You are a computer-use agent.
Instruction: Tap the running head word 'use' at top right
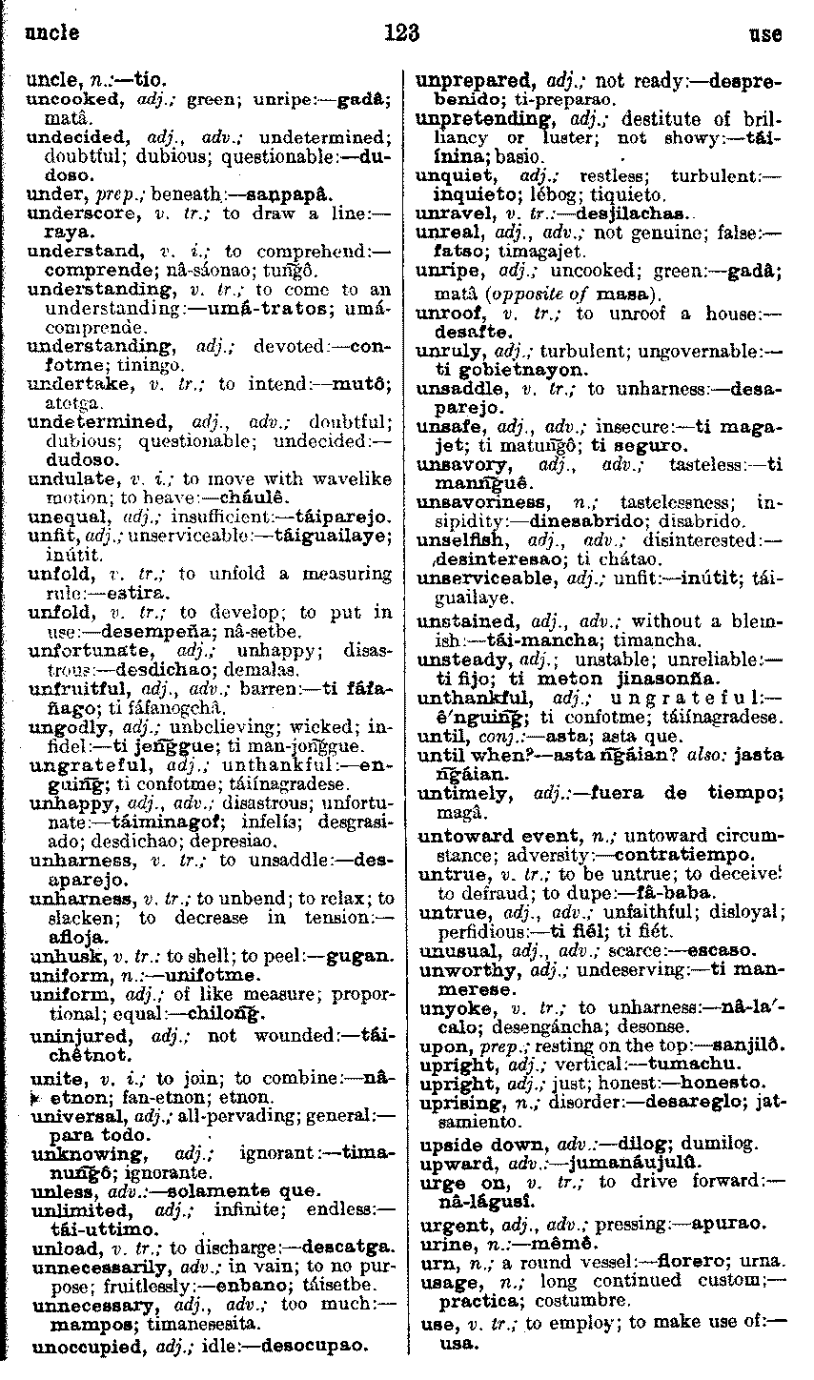[765, 34]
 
